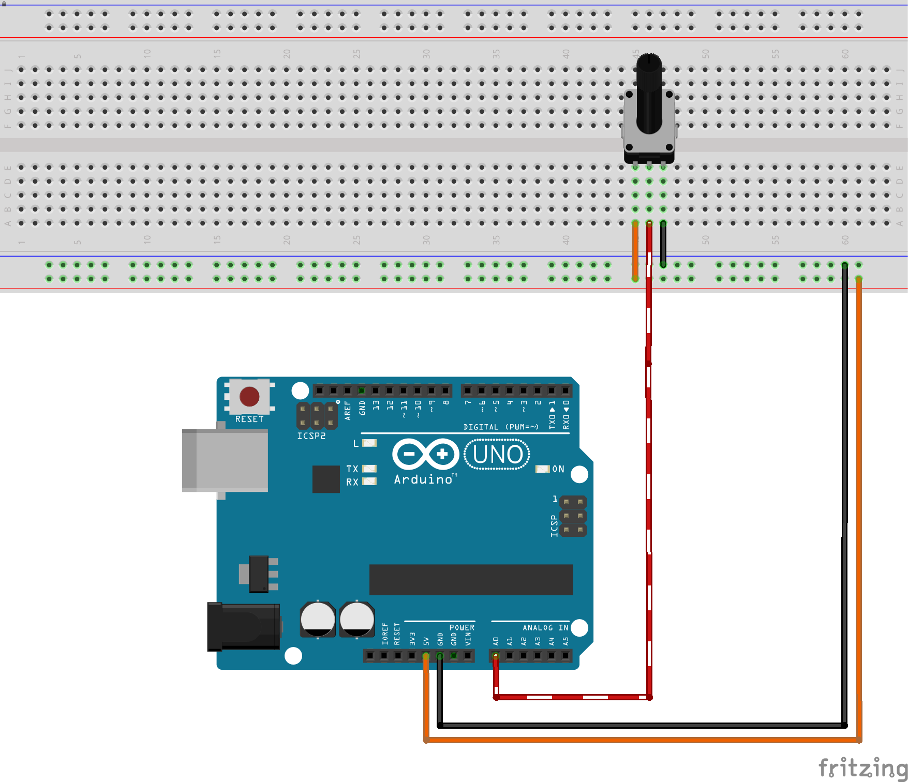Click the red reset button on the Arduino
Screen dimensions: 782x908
tap(249, 397)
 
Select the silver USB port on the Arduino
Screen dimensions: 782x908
tap(225, 460)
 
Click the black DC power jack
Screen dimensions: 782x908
tap(243, 626)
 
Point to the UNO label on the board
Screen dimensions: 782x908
tap(497, 455)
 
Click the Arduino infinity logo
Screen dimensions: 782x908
tap(426, 454)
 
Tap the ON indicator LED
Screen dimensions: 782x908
tap(542, 469)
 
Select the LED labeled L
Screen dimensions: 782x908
tap(369, 443)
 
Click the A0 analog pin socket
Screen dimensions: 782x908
tap(496, 656)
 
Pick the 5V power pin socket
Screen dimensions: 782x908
tap(426, 656)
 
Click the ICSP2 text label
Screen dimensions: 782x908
tap(311, 436)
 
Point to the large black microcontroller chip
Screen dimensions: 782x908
tap(471, 579)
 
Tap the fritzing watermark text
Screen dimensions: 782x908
tap(862, 767)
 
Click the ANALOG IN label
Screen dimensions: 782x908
tap(545, 627)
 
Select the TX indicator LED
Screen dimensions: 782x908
tap(369, 469)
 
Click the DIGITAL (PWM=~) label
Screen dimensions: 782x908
tap(501, 427)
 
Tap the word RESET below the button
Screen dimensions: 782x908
tap(249, 419)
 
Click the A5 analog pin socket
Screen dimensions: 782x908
tap(565, 656)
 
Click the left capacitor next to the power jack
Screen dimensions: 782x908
tap(318, 619)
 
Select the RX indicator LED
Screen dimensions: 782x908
tap(369, 482)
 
